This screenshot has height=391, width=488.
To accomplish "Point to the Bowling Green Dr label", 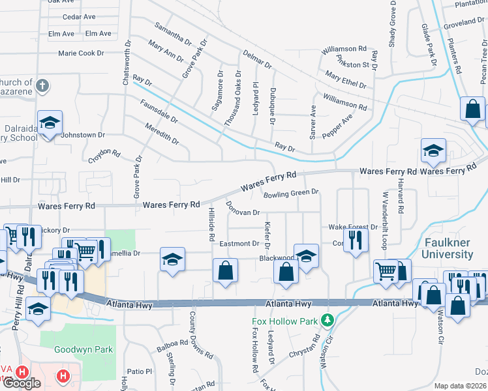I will [x=290, y=193].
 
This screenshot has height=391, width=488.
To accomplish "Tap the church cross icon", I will [x=42, y=85].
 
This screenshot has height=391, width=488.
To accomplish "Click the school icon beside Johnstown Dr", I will [x=50, y=124].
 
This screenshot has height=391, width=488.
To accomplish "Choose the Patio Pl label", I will [x=140, y=371].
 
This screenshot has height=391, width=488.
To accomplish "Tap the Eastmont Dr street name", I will [x=239, y=243].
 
